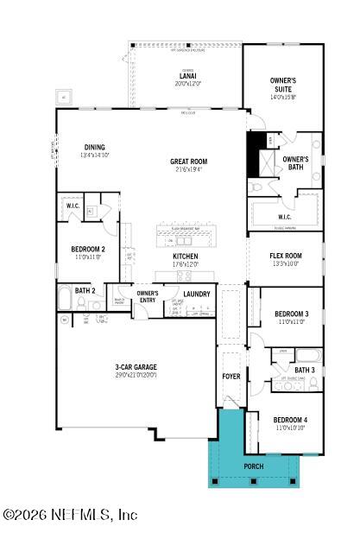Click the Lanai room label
187,76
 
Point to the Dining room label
94,147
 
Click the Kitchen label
185,257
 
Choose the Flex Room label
285,257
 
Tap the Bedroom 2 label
88,250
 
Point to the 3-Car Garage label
136,367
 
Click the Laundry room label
197,295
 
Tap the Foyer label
231,377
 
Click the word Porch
253,466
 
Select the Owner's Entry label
148,296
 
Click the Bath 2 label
84,290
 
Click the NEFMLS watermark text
71,515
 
